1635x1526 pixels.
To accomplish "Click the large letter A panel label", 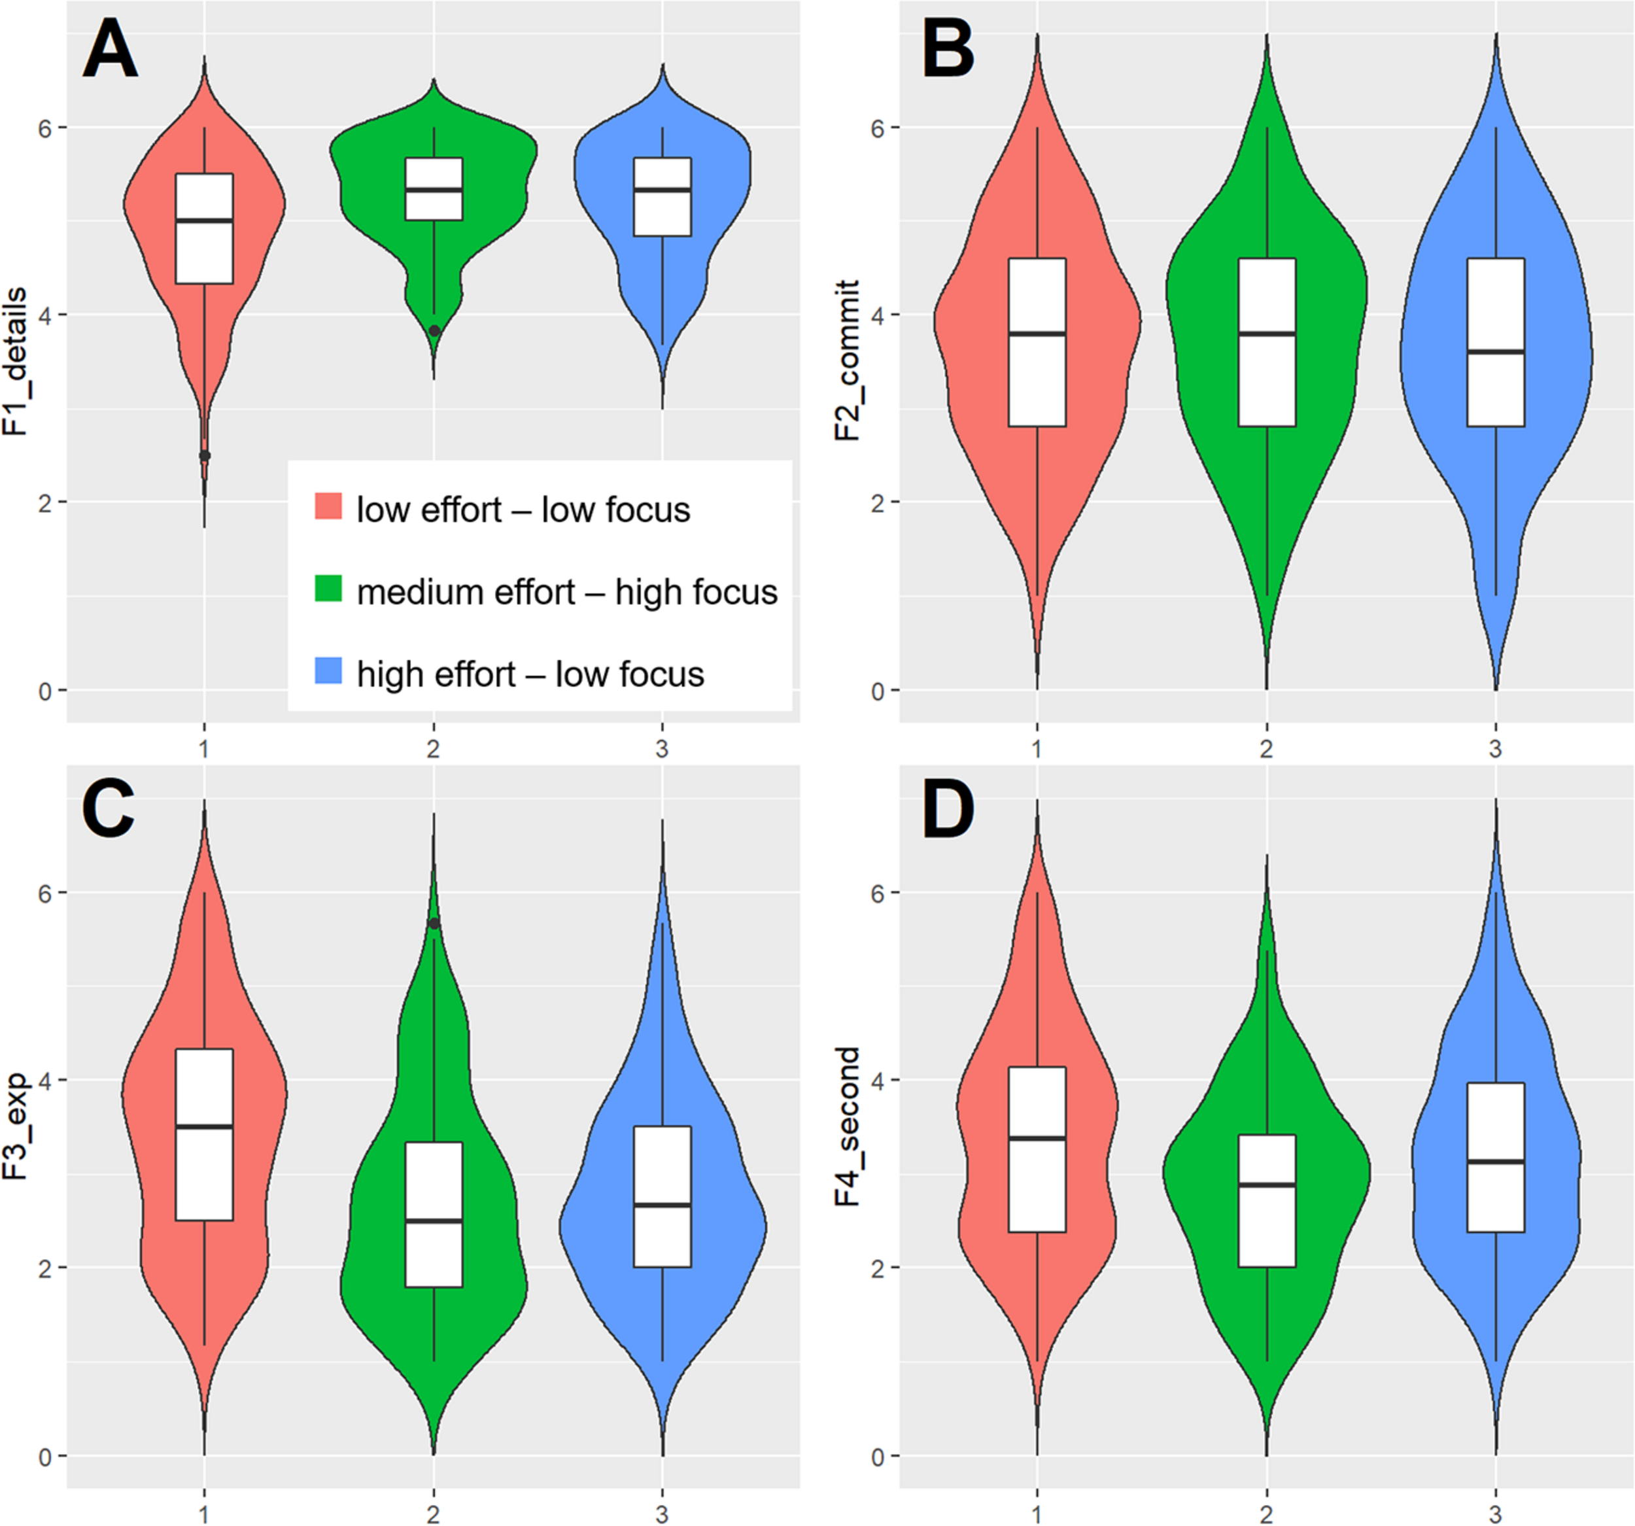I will click(111, 50).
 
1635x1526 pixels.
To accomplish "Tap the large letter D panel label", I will click(948, 810).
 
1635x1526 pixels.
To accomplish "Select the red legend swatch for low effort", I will click(328, 506).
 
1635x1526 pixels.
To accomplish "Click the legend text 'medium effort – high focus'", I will click(566, 593).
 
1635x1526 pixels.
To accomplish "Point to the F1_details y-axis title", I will click(15, 362).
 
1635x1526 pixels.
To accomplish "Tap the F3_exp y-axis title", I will click(15, 1127).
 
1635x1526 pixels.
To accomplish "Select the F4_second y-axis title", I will click(847, 1127).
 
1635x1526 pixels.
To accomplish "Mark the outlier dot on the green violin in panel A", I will click(434, 331).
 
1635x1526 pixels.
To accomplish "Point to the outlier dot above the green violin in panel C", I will click(434, 923).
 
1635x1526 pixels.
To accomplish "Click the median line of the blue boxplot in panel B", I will click(1496, 351).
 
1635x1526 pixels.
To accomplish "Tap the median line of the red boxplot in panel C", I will click(205, 1126).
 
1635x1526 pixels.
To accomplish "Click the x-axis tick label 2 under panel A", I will click(434, 748).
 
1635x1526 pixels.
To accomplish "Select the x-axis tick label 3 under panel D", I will click(1495, 1514).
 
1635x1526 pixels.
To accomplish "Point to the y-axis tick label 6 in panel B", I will click(878, 128).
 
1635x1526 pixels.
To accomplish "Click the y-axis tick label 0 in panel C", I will click(45, 1457).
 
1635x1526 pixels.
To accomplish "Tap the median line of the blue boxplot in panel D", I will click(1496, 1161).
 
